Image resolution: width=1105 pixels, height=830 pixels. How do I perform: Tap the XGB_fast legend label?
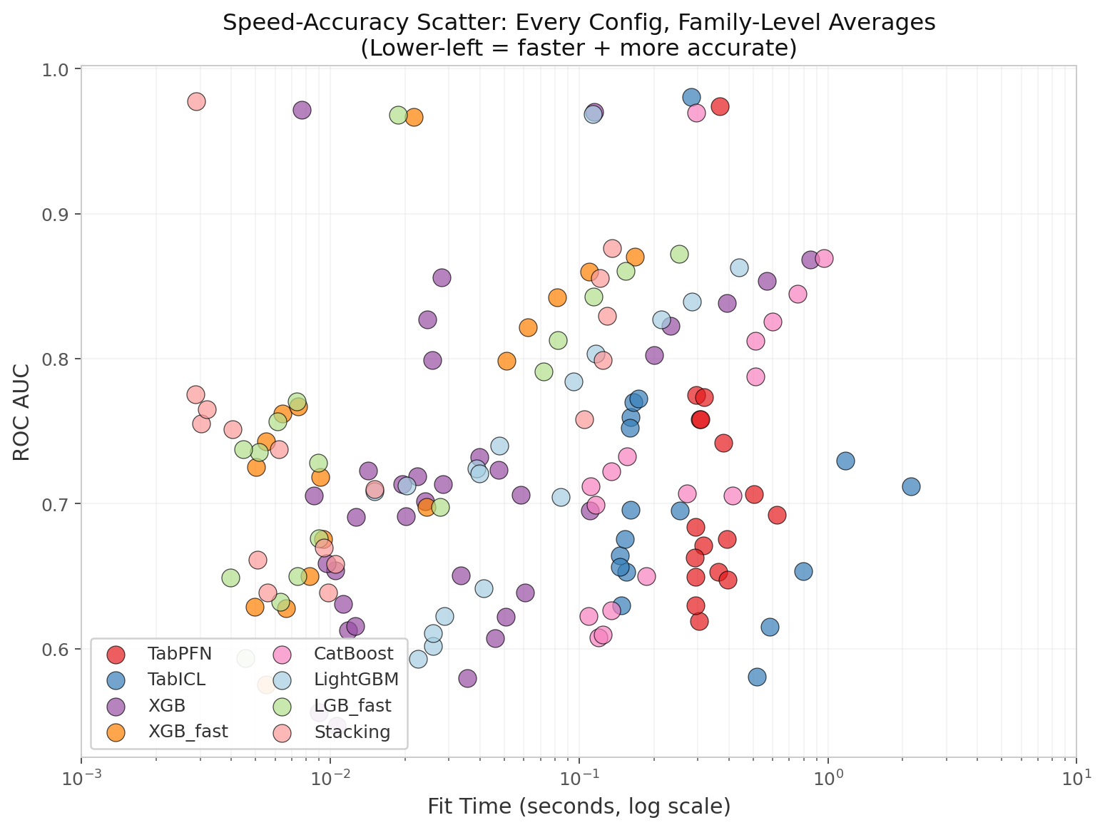coord(188,732)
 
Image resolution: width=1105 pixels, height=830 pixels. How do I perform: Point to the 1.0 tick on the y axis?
coord(55,69)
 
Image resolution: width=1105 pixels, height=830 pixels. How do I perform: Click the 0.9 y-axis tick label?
coord(55,215)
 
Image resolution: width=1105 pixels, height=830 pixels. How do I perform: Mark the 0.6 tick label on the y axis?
coord(55,649)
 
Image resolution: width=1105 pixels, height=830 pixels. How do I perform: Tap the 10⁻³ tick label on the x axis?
coord(81,779)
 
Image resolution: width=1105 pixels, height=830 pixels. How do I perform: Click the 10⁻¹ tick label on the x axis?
coord(579,779)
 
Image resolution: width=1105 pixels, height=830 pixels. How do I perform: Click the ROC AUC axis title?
coord(21,412)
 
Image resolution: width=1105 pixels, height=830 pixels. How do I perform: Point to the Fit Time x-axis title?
coord(579,806)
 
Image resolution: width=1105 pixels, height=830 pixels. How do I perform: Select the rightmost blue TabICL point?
coord(911,486)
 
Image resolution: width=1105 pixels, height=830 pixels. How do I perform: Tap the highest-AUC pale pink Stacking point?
coord(196,102)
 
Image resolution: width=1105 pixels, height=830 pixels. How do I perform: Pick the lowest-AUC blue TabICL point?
coord(757,677)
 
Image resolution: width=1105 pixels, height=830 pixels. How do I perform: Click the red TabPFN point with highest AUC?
coord(720,107)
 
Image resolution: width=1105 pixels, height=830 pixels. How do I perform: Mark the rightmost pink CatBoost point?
coord(824,259)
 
